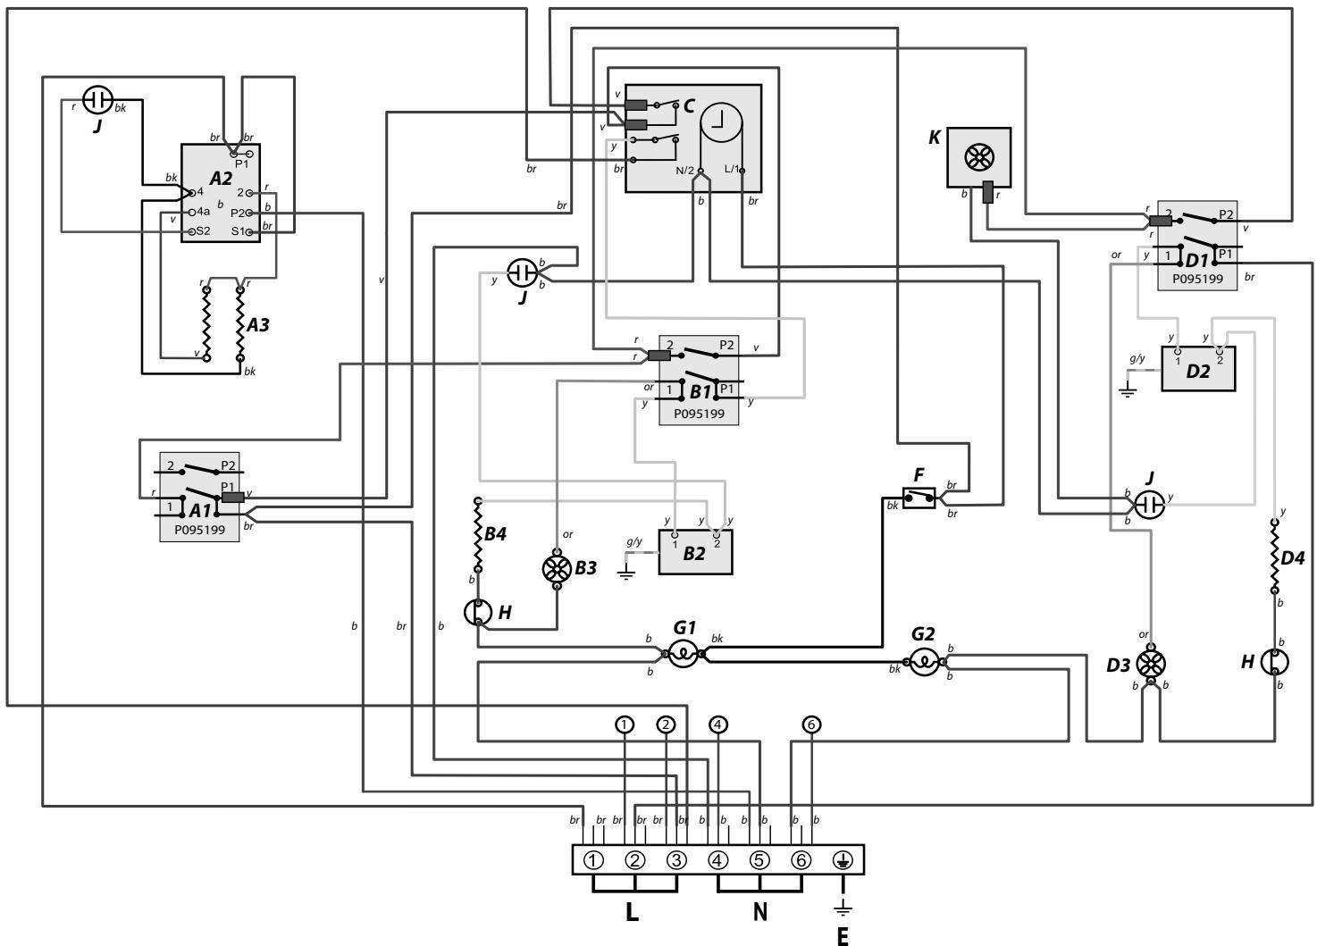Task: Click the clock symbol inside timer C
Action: pos(721,123)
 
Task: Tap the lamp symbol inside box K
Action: pos(979,157)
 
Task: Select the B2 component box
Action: pos(695,551)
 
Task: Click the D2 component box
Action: pos(1198,369)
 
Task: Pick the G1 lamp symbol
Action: pos(684,654)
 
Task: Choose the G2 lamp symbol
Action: pos(924,662)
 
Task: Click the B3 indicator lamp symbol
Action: pos(557,568)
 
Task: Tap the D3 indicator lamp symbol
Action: pos(1151,665)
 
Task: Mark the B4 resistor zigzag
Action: pos(478,534)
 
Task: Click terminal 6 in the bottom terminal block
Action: pos(801,860)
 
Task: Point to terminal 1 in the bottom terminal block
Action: pos(593,860)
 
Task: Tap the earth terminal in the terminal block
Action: pos(843,860)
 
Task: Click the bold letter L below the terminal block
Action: pos(632,912)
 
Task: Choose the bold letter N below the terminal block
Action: pos(759,912)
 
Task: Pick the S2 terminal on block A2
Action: pos(192,232)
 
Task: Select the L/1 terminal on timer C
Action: pos(742,171)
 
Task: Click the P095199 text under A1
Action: pos(199,530)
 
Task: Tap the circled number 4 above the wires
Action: pos(717,724)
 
